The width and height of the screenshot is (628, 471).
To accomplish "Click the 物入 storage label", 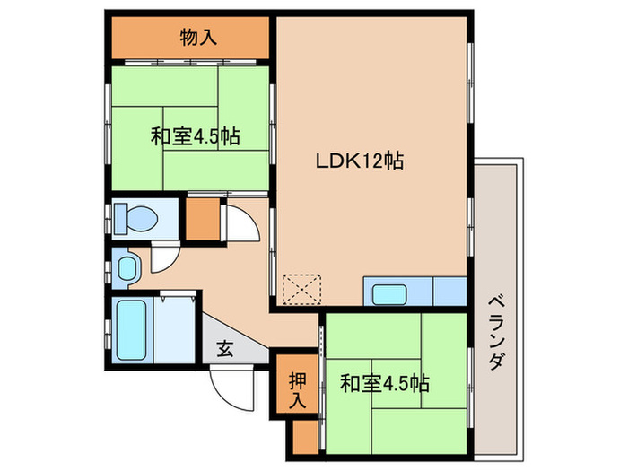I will click(196, 38).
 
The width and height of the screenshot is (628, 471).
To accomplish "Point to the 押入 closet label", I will click(297, 388).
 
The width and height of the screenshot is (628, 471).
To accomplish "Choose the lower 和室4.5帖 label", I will click(384, 384).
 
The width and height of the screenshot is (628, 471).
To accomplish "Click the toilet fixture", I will click(135, 217).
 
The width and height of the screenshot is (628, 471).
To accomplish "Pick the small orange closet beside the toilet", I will click(203, 217).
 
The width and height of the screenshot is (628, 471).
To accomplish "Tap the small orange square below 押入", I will click(305, 432).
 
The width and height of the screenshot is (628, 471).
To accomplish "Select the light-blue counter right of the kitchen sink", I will click(449, 292).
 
